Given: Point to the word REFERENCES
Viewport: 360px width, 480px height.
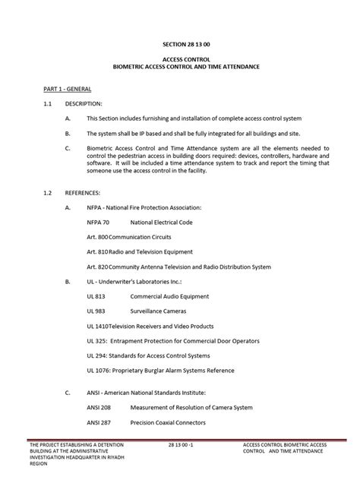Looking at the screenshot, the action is point(86,192).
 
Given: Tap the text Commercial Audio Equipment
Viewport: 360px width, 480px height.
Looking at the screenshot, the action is point(172,295).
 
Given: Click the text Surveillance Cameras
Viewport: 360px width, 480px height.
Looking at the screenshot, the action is point(162,311).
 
